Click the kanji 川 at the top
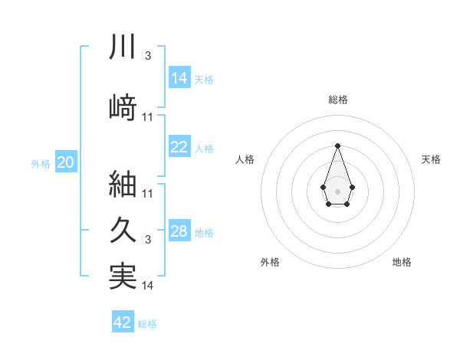tap(123, 47)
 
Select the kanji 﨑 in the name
tap(123, 106)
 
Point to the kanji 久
tap(123, 231)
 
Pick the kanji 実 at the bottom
tap(123, 276)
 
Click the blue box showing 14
tap(179, 77)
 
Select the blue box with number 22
tap(179, 147)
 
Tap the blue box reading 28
tap(179, 231)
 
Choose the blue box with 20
tap(65, 162)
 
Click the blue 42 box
tap(123, 322)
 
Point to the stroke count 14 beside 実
tap(148, 286)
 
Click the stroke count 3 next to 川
tap(148, 56)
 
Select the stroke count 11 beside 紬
tap(148, 193)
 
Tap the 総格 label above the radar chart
tap(337, 100)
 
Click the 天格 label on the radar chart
tap(431, 159)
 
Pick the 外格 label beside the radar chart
tap(269, 262)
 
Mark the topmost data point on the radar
tap(337, 146)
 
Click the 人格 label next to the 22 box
tap(204, 149)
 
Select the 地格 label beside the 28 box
tap(204, 233)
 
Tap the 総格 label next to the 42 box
tap(147, 324)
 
